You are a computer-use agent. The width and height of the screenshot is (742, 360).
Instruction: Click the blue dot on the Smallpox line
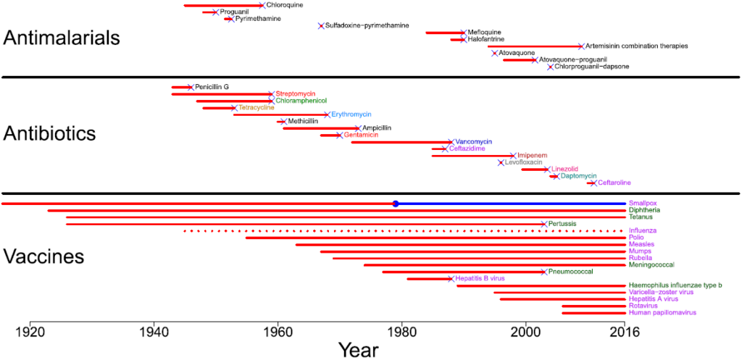(396, 204)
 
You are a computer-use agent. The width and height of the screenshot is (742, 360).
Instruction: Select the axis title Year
(357, 350)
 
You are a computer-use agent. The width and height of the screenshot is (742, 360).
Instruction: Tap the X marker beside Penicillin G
(191, 87)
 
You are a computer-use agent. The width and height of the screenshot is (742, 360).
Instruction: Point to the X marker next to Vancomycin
(451, 142)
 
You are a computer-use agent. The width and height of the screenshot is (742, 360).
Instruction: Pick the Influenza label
(643, 230)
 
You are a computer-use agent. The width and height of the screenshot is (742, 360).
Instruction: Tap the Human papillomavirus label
(662, 313)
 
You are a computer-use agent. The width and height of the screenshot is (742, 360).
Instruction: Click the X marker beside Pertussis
(543, 224)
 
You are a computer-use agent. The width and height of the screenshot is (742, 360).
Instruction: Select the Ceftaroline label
(614, 183)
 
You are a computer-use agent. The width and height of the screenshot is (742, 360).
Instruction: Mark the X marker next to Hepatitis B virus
(451, 279)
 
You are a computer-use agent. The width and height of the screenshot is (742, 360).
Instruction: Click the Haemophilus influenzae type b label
(675, 285)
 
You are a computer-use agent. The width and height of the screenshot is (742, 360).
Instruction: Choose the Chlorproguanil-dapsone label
(591, 67)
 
